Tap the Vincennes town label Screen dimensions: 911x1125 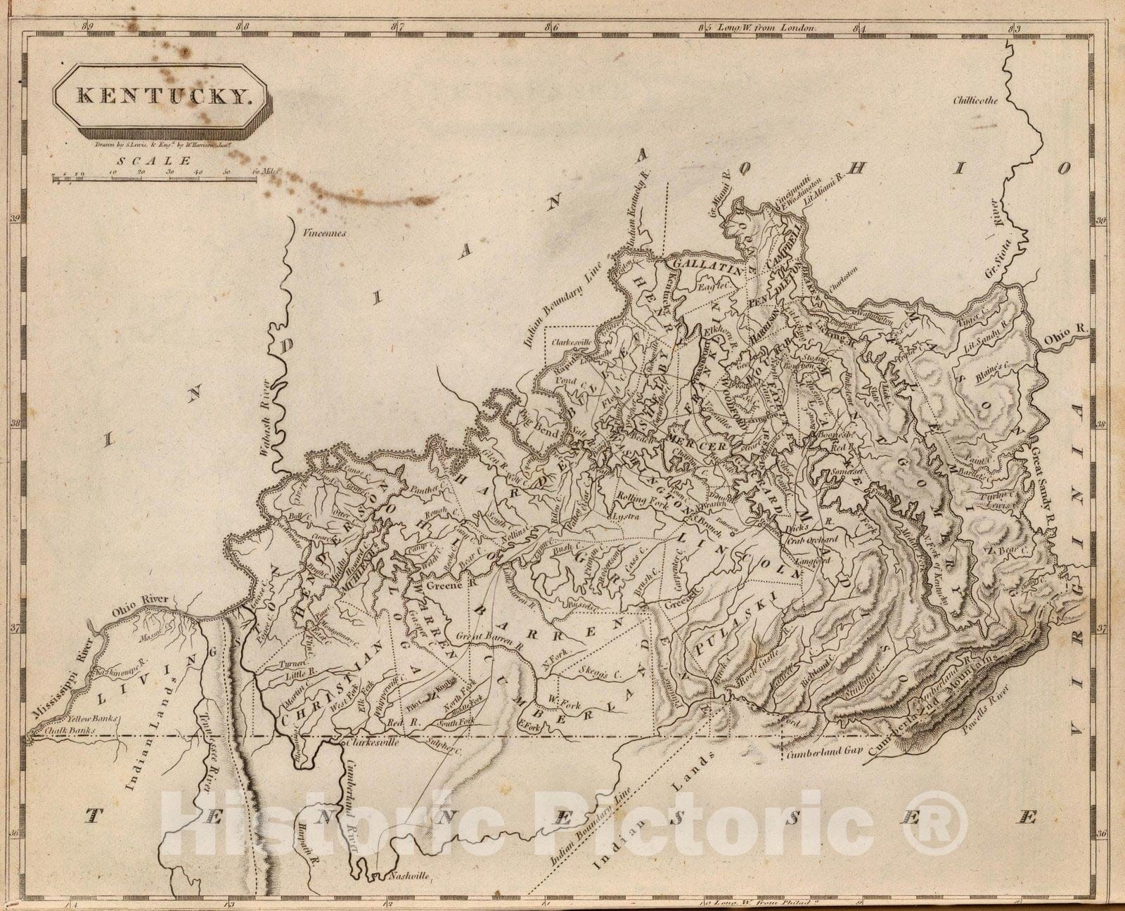[x=322, y=233]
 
